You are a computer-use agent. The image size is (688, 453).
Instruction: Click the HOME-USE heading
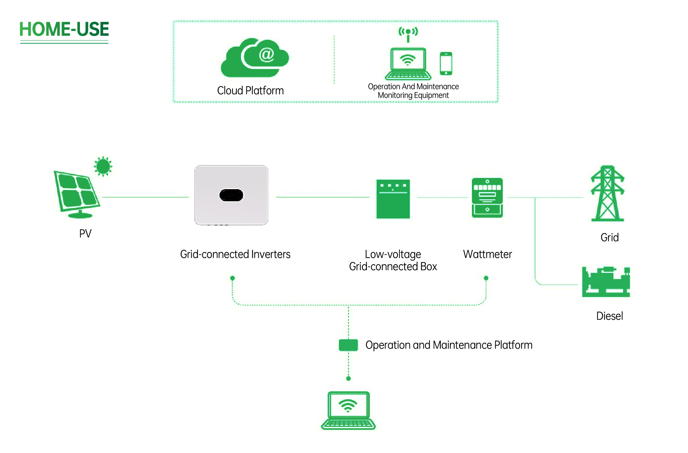point(64,29)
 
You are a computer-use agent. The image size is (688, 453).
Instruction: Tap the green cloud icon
point(254,58)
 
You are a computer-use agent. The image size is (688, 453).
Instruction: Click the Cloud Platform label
point(250,91)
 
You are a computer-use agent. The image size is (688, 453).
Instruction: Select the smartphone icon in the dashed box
point(446,64)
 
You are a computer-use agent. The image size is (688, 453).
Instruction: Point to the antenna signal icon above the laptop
point(408,34)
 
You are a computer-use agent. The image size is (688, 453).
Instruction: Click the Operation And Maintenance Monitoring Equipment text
point(413,91)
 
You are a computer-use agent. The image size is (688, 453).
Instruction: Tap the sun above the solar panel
point(103,166)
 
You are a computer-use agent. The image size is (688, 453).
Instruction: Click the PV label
point(85,233)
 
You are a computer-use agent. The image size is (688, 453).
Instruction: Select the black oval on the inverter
point(231,195)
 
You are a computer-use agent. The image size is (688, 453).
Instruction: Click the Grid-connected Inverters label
point(235,254)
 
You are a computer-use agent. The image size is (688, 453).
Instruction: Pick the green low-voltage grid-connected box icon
point(393,199)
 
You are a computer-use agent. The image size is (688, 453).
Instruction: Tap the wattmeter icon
point(487,198)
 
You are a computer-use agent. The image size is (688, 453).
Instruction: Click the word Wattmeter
point(487,254)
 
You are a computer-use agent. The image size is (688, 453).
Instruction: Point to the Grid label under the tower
point(609,238)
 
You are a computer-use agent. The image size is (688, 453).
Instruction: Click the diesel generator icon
point(606,282)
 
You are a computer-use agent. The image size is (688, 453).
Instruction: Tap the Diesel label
point(609,316)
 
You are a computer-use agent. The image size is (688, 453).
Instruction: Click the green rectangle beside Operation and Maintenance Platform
point(348,345)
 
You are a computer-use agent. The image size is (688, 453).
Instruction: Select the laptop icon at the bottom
point(348,410)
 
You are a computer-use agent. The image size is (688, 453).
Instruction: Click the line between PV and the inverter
point(145,197)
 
